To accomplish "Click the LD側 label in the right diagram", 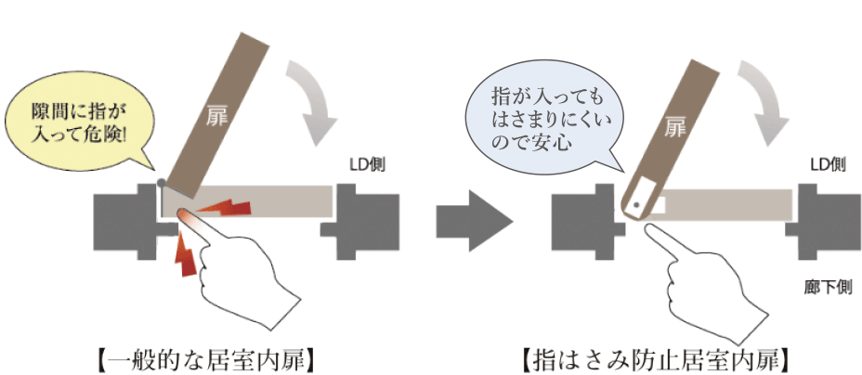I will tap(826, 164).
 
